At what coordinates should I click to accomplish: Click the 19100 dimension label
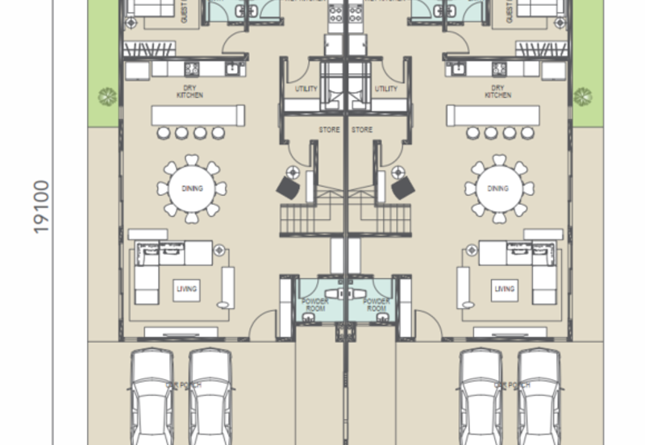click(x=42, y=207)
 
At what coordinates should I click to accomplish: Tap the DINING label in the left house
click(x=192, y=189)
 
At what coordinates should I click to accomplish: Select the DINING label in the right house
click(x=499, y=189)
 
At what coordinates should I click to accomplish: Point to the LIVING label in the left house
click(x=187, y=289)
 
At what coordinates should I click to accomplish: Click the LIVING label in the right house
click(x=505, y=289)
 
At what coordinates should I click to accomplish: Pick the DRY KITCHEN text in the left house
click(x=189, y=92)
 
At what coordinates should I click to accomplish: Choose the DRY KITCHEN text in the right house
click(x=498, y=92)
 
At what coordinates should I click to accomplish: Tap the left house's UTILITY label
click(x=307, y=89)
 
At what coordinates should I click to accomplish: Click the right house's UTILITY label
click(x=386, y=89)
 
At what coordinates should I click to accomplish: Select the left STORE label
click(x=330, y=130)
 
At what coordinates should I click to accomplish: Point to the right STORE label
click(x=362, y=130)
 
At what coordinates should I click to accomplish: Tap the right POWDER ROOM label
click(x=377, y=305)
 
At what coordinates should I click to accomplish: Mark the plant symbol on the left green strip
click(x=106, y=97)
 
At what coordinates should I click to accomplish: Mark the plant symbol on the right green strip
click(x=582, y=97)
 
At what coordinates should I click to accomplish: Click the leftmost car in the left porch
click(x=153, y=395)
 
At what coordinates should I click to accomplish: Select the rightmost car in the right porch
click(x=539, y=395)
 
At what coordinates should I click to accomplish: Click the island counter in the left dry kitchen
click(x=198, y=116)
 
